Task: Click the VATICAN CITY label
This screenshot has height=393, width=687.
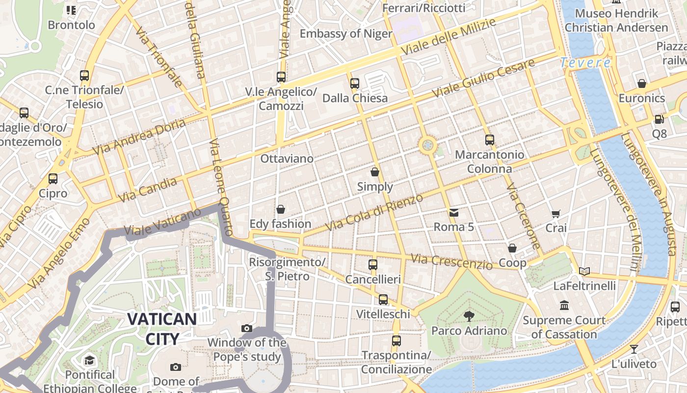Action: click(x=162, y=328)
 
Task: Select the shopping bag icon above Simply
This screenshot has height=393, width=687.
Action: click(x=375, y=172)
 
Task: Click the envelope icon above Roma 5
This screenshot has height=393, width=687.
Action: click(x=454, y=213)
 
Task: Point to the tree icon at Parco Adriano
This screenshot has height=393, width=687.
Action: click(x=469, y=316)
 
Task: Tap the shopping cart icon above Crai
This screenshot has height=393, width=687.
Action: click(x=555, y=214)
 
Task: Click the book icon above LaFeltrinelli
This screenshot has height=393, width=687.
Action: click(x=584, y=271)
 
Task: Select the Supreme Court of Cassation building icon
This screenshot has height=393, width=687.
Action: click(x=564, y=306)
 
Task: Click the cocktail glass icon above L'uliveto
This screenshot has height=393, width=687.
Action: click(x=634, y=349)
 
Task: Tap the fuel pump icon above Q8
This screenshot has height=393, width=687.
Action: click(x=659, y=119)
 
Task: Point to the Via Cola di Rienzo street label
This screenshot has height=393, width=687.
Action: click(x=374, y=213)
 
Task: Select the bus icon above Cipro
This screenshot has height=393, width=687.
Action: click(x=53, y=179)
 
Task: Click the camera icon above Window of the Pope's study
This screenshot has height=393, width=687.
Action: click(x=247, y=328)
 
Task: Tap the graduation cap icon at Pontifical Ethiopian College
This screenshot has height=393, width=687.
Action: click(x=89, y=361)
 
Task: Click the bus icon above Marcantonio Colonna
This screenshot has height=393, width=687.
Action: click(x=489, y=140)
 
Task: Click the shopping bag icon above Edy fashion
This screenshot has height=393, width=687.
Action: click(x=281, y=210)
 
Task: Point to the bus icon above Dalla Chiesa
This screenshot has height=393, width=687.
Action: click(x=355, y=84)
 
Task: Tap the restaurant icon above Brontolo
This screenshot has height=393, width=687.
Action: click(x=71, y=10)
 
